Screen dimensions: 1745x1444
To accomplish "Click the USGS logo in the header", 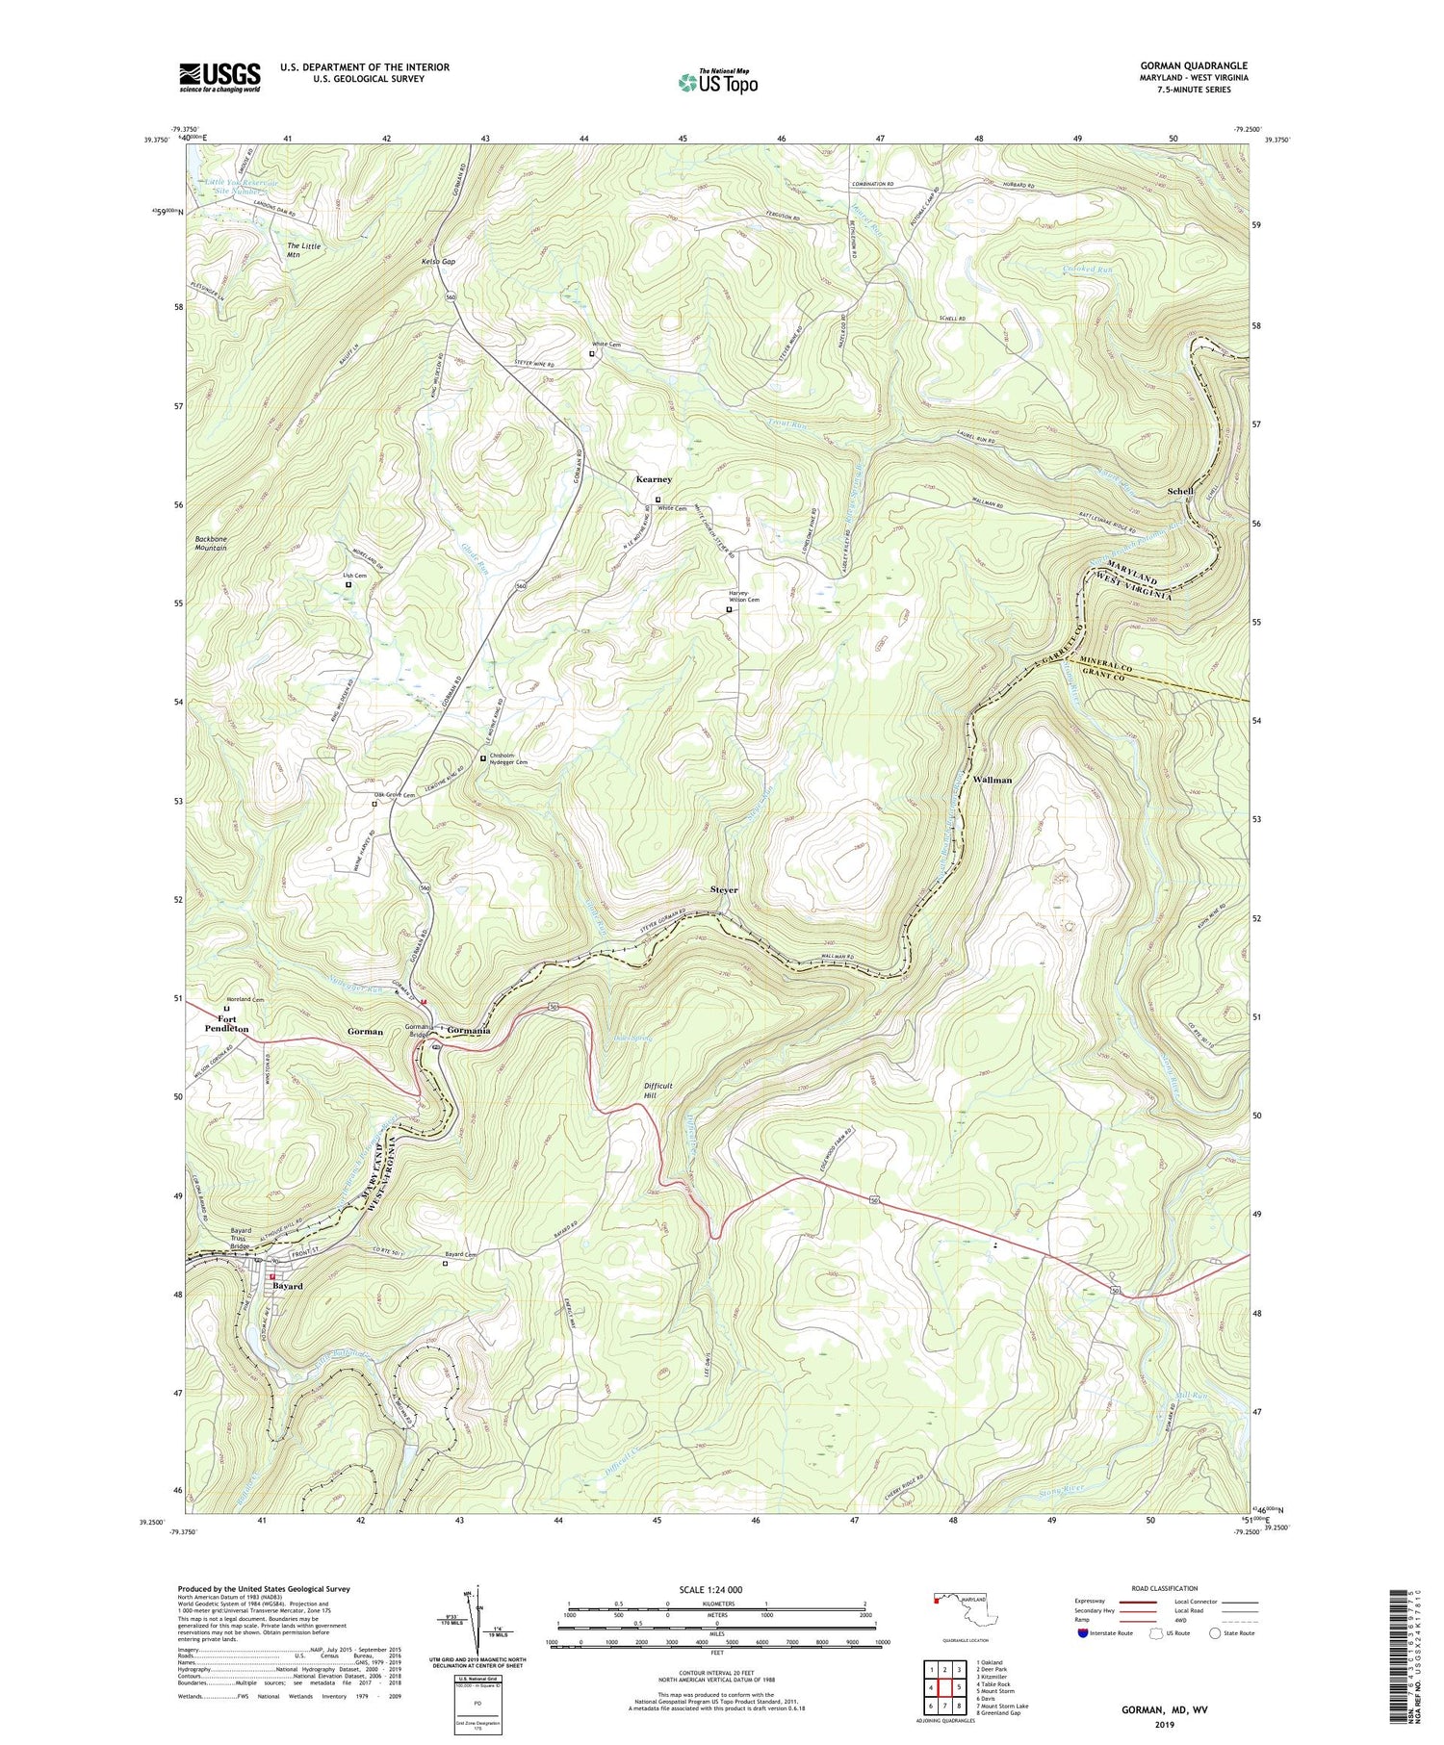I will [x=219, y=77].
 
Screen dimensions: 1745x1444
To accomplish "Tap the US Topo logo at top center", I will [x=718, y=82].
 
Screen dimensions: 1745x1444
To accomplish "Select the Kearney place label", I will [x=654, y=479].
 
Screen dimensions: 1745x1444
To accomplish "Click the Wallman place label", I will [x=993, y=780].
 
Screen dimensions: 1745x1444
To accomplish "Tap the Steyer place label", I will [x=724, y=889].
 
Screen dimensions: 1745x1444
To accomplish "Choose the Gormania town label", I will [x=469, y=1031].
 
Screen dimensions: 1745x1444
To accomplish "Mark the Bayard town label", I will [x=287, y=1286].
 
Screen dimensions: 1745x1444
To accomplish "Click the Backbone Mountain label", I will [x=210, y=544].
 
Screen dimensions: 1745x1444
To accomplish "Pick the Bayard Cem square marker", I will [x=445, y=1265].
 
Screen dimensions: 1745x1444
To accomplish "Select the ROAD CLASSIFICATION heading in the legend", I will [x=1165, y=1588].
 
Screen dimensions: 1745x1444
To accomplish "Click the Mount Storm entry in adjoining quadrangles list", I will [x=995, y=1690].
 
